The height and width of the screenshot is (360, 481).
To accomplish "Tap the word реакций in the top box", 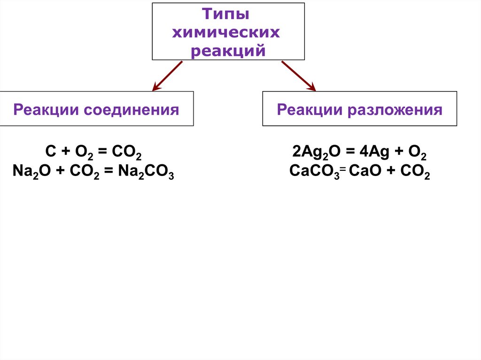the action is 228,51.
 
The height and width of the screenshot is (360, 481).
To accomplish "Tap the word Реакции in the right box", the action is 309,110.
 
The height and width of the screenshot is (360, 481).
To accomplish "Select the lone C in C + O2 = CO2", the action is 50,153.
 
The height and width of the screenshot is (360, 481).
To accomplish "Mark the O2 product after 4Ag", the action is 418,153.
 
